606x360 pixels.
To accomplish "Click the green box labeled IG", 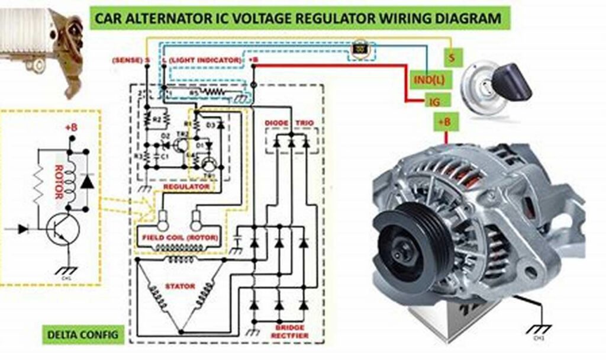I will [434, 101].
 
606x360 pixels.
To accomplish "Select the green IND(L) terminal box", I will [427, 79].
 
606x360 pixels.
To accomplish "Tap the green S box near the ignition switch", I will [453, 57].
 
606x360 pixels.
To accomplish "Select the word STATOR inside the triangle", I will [180, 287].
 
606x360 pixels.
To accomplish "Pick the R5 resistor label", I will [193, 92].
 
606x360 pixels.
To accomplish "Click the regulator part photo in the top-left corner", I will [41, 44].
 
